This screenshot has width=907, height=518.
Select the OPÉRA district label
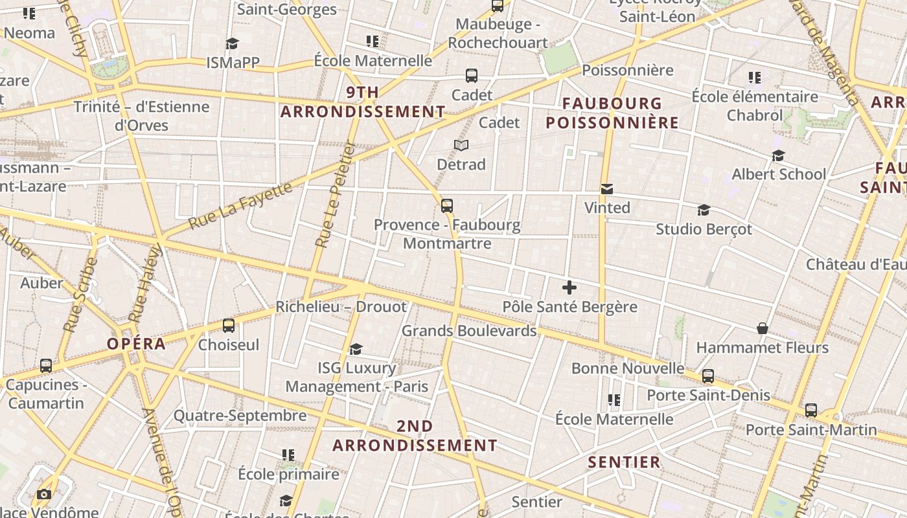(x=137, y=344)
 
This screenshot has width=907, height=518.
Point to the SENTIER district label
(x=625, y=462)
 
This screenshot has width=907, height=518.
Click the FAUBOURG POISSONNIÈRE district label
(x=612, y=113)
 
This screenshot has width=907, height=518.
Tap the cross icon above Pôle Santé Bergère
(x=569, y=287)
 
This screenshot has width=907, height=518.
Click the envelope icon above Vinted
(x=607, y=189)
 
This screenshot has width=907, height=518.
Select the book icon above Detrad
(x=461, y=145)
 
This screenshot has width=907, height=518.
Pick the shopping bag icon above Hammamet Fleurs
(x=763, y=329)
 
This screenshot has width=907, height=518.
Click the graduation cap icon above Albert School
(x=778, y=156)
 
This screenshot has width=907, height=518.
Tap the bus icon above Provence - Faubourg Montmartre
(x=447, y=206)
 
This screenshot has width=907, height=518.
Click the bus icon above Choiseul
(x=229, y=326)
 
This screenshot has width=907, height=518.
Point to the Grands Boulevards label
(x=469, y=331)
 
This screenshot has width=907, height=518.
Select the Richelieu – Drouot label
(x=341, y=307)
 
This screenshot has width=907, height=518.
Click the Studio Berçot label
(x=704, y=229)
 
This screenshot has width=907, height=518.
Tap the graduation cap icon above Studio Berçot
(x=704, y=210)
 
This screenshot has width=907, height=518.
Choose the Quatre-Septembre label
(x=240, y=416)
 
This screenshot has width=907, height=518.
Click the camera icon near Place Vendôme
(x=43, y=495)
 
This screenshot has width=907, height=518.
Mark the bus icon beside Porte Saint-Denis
(x=708, y=376)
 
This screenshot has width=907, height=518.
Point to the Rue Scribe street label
(x=81, y=295)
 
